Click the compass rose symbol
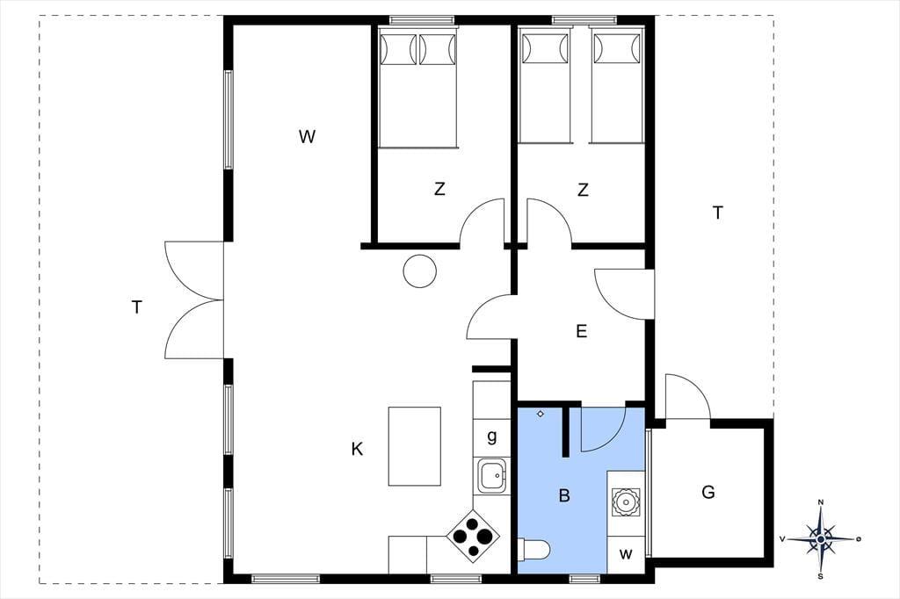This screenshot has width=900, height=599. tap(821, 538)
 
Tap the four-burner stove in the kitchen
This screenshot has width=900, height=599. tap(472, 537)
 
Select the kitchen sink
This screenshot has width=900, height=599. tap(492, 476)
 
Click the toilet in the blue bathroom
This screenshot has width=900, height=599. tap(533, 549)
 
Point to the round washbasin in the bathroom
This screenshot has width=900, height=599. tap(625, 502)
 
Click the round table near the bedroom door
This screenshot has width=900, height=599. tap(419, 271)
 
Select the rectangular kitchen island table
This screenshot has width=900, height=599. tap(415, 446)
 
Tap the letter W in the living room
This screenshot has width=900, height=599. tap(307, 136)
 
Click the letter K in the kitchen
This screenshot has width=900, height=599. tap(357, 449)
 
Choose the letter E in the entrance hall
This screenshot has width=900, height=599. tap(582, 331)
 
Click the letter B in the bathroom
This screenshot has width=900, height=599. tap(564, 495)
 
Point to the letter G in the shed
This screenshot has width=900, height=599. tap(708, 492)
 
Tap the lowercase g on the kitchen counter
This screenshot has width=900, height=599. tap(492, 437)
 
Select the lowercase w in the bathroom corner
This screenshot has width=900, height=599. tap(626, 554)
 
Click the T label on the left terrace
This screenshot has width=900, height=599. tap(136, 307)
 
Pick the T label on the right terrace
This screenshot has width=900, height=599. tap(717, 213)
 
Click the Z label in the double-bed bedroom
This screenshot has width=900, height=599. tap(439, 189)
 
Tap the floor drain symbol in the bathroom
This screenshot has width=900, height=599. tap(541, 414)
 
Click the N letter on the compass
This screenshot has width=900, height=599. tap(821, 502)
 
